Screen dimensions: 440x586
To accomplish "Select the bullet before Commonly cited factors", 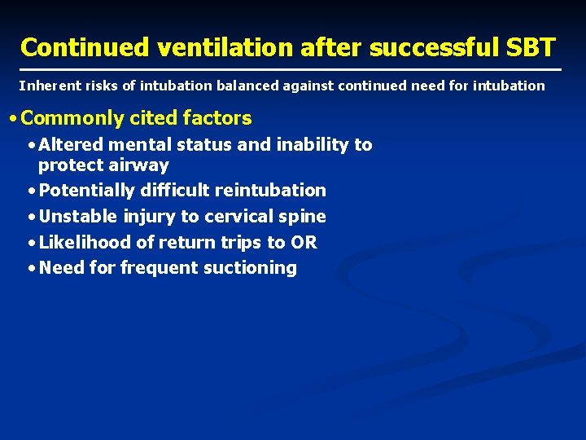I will pyautogui.click(x=11, y=119).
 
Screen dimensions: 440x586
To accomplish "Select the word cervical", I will pyautogui.click(x=240, y=217).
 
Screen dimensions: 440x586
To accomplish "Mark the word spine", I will pyautogui.click(x=304, y=218).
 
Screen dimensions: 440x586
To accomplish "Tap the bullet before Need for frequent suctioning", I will pyautogui.click(x=30, y=268).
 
